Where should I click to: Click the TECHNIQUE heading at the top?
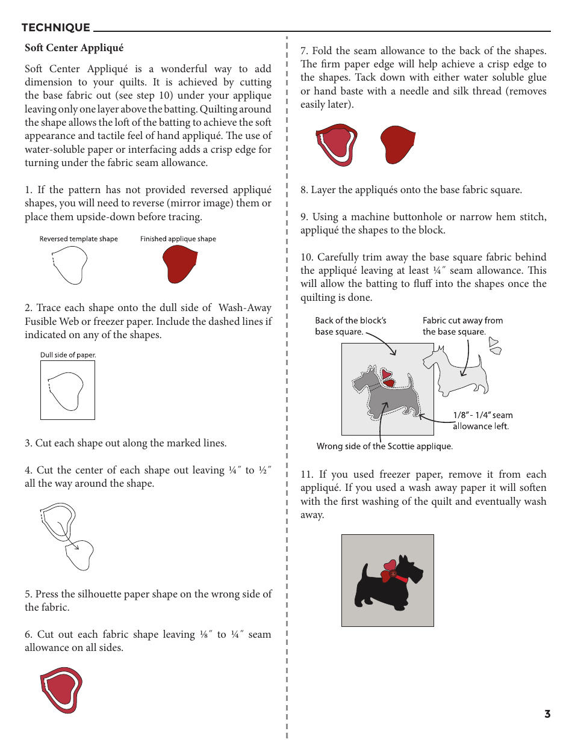coord(55,28)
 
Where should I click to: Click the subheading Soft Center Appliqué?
coord(73,48)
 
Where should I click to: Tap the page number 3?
coord(547,714)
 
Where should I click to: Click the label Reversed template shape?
coord(78,239)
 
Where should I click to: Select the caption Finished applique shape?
coord(178,239)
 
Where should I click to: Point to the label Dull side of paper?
coord(68,355)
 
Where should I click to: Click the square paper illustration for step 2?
coord(67,390)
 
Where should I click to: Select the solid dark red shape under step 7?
coord(397,144)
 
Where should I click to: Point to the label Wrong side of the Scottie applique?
coord(384,446)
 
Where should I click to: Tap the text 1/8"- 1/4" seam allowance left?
coord(482,421)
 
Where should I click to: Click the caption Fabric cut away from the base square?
coord(462,326)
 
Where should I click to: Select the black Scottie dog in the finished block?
coord(382,587)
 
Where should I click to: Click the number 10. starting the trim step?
coord(307,257)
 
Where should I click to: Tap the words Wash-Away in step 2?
coord(245,308)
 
